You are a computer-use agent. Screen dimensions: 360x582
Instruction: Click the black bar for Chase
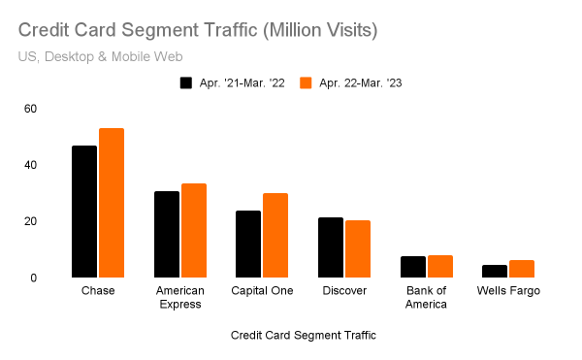point(84,212)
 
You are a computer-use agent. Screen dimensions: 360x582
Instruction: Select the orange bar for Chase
point(112,203)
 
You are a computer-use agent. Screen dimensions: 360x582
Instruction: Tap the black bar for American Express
point(167,234)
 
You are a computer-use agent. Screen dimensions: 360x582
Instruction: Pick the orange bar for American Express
point(194,230)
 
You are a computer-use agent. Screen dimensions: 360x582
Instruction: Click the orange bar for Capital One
point(275,235)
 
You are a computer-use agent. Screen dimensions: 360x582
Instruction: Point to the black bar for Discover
point(331,247)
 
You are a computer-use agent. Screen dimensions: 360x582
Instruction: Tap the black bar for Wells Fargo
point(495,271)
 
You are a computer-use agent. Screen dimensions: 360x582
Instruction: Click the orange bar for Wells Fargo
point(522,269)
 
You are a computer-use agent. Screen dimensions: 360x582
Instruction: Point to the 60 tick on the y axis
point(30,108)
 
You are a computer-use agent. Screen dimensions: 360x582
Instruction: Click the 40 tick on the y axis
point(30,165)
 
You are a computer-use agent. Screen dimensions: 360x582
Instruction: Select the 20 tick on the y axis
point(30,221)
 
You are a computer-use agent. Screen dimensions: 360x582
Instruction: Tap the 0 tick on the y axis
point(33,278)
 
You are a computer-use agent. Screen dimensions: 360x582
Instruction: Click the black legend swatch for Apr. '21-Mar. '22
point(186,82)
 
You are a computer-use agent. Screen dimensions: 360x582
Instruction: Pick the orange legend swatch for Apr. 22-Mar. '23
point(306,82)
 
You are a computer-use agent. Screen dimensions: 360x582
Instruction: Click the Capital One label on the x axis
point(262,291)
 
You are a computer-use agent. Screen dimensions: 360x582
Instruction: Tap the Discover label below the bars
point(344,291)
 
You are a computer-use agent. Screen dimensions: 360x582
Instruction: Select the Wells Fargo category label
point(508,291)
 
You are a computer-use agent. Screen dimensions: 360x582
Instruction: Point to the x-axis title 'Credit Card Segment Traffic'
point(304,335)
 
